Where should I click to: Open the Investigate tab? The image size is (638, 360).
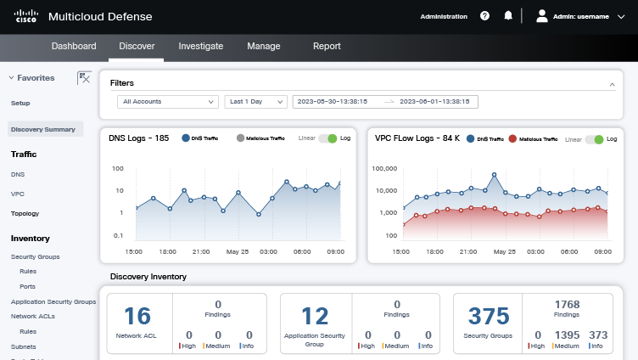(x=200, y=47)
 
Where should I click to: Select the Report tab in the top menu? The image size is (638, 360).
(x=327, y=47)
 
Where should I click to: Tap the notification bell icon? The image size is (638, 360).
(x=508, y=16)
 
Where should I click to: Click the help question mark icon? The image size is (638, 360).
(x=484, y=16)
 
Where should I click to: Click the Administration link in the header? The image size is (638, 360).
(x=444, y=16)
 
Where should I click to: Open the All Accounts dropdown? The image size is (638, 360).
(x=167, y=102)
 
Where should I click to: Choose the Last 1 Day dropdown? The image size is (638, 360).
(x=255, y=102)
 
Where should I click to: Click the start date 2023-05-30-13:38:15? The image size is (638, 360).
(x=334, y=102)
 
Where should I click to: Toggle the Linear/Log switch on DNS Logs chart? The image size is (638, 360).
(x=327, y=138)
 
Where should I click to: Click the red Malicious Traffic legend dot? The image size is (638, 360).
(x=512, y=138)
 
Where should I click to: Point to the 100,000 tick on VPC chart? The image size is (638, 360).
(x=385, y=169)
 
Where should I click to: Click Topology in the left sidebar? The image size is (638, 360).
(x=25, y=214)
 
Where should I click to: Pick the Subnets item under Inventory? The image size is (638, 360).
(x=23, y=346)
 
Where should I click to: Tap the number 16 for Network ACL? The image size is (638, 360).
(x=137, y=316)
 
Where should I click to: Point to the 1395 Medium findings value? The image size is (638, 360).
(x=568, y=335)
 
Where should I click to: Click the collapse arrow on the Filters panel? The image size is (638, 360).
(x=612, y=84)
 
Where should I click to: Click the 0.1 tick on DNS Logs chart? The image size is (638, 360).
(x=119, y=235)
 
